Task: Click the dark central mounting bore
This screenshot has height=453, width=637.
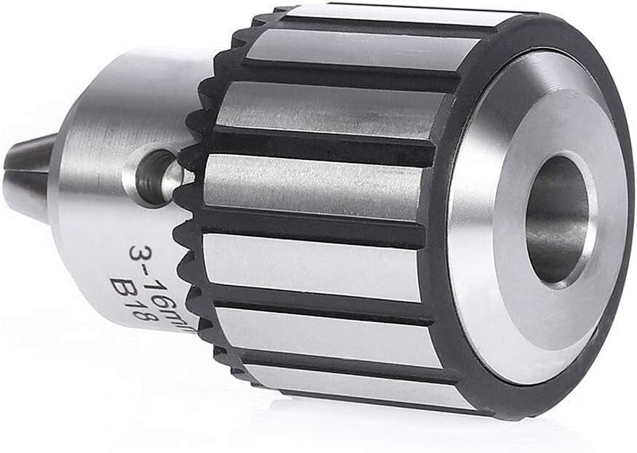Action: pyautogui.click(x=557, y=218)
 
